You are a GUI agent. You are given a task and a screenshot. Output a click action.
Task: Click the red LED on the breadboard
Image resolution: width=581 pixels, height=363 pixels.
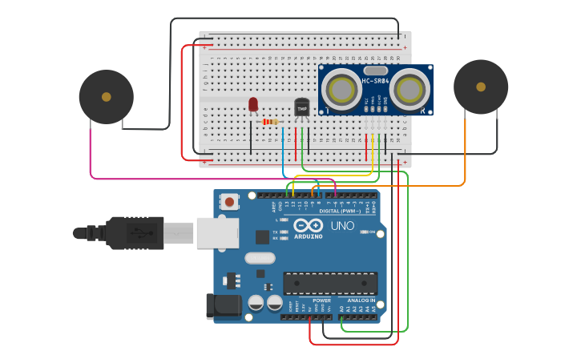tap(253, 104)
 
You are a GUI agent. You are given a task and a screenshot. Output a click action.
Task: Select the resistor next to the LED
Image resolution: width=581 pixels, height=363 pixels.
tap(271, 122)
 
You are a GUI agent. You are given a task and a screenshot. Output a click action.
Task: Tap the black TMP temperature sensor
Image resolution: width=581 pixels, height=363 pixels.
tap(301, 107)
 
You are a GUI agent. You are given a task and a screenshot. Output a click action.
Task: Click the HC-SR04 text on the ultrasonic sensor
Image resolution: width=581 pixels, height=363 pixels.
tap(376, 81)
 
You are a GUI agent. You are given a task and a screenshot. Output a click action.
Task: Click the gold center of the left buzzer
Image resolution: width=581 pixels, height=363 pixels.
tap(107, 97)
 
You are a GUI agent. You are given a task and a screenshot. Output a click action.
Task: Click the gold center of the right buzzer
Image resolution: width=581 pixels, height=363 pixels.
tap(481, 87)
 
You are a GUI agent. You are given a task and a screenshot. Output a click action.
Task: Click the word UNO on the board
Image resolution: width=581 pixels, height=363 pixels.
tap(342, 226)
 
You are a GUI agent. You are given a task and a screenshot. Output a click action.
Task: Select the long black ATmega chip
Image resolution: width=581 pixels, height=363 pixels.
tap(330, 283)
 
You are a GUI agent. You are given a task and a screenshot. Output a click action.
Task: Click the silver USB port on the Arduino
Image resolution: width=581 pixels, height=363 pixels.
tap(217, 232)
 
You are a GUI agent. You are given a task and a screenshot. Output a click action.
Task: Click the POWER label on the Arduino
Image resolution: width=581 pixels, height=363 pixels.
tap(321, 300)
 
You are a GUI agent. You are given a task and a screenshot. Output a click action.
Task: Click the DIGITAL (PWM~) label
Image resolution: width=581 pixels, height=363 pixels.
tap(341, 211)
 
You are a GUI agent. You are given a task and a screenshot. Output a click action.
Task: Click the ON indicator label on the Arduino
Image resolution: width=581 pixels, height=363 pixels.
tap(372, 232)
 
